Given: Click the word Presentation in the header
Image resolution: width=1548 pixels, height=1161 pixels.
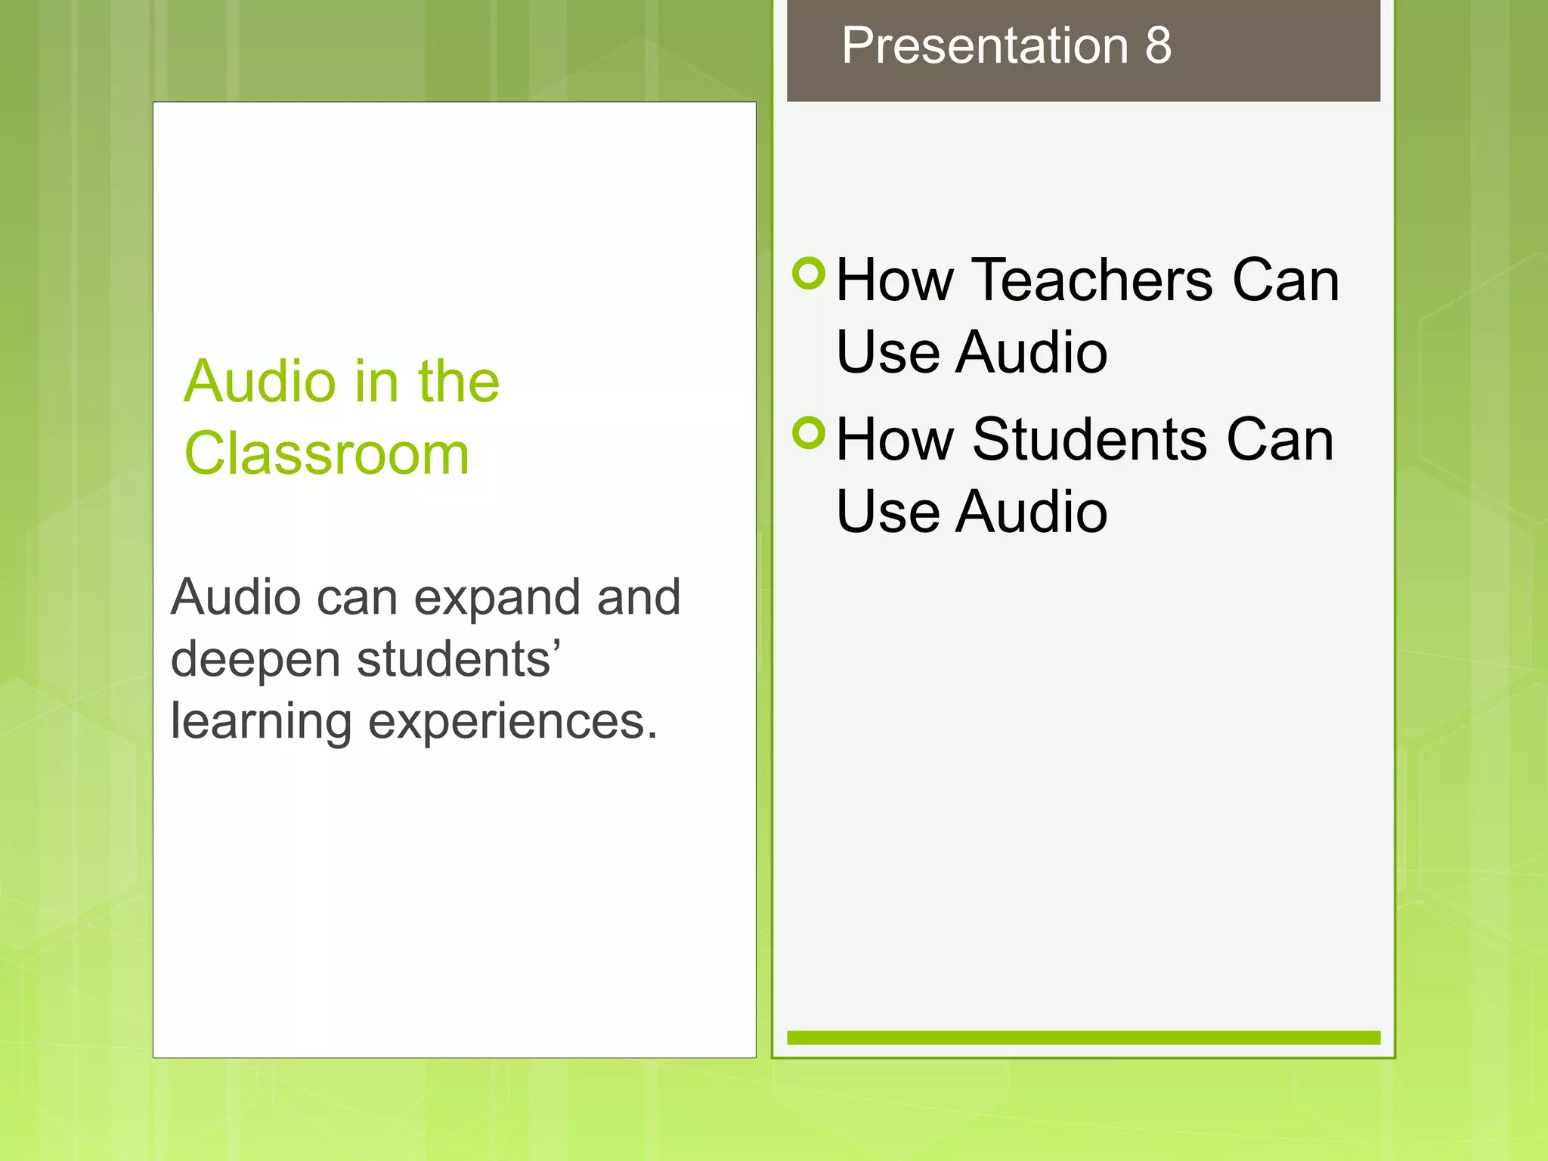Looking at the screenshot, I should [x=985, y=45].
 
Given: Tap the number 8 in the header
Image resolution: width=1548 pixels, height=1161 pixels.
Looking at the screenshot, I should [x=1158, y=45].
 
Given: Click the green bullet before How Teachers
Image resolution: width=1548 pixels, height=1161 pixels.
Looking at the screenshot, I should [x=810, y=274].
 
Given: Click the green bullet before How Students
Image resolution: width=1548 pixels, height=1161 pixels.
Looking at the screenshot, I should [x=810, y=433].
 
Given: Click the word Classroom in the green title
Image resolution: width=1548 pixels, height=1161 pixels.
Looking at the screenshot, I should [x=327, y=454].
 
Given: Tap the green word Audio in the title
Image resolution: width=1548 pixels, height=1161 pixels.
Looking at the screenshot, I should [x=259, y=382].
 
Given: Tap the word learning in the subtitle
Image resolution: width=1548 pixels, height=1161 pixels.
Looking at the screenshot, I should [x=261, y=722].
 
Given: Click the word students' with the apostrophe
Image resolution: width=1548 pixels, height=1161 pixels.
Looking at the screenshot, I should [x=458, y=659].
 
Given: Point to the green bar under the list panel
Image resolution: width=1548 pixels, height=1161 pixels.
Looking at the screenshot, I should [x=1083, y=1038].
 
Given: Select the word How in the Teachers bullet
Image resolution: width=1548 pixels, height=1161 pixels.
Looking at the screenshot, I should [x=895, y=280].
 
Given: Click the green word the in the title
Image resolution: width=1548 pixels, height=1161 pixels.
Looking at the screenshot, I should [x=459, y=382].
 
